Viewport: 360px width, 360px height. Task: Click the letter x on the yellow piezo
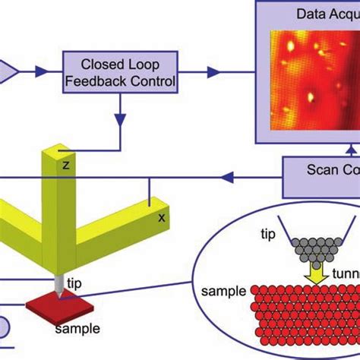161,216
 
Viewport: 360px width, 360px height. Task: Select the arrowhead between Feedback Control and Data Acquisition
214,71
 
